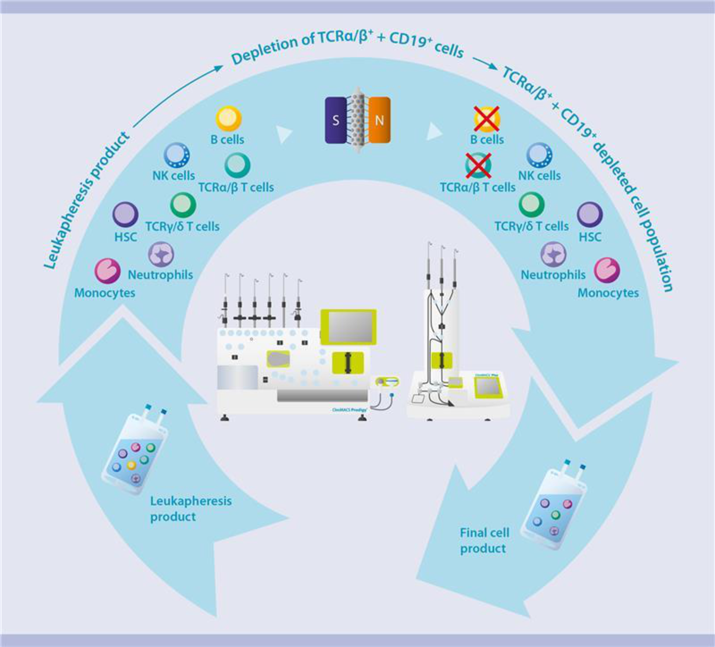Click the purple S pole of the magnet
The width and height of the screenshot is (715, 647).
(x=336, y=120)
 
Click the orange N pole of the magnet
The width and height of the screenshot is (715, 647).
(x=380, y=120)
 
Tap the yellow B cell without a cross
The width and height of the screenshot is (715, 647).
(x=229, y=118)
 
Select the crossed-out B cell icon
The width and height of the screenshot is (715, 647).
(x=487, y=118)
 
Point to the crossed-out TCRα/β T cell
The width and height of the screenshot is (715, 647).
(x=478, y=165)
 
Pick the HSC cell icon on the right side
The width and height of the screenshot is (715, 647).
(x=590, y=215)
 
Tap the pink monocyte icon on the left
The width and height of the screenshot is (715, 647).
(x=107, y=271)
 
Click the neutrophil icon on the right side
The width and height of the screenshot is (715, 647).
(x=553, y=254)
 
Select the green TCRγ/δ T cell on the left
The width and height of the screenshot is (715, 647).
(x=183, y=204)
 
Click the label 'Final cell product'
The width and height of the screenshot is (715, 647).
(x=484, y=540)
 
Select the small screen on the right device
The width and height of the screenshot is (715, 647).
(x=488, y=387)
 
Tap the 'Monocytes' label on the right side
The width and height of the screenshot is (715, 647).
(x=608, y=293)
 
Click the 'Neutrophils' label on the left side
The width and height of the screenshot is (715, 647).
(x=161, y=275)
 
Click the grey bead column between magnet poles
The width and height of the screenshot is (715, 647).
(x=358, y=120)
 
